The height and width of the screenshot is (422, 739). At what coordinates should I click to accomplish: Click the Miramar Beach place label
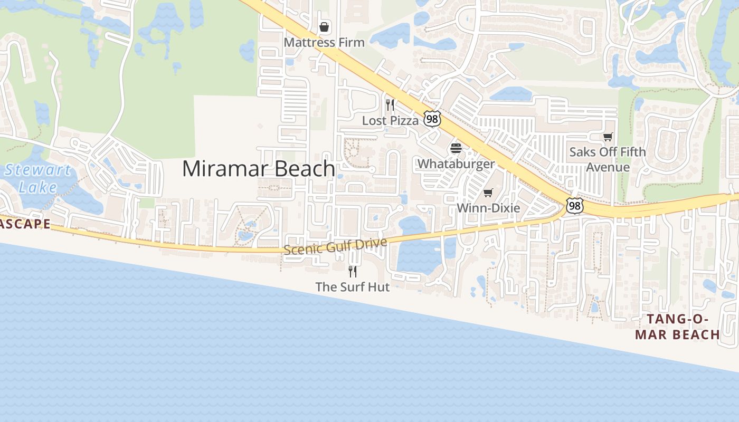click(x=259, y=169)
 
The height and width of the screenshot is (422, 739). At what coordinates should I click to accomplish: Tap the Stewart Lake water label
click(x=37, y=178)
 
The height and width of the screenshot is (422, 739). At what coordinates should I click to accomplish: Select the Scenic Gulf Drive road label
click(x=335, y=246)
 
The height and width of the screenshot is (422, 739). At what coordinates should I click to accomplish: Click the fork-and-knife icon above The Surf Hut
click(x=353, y=271)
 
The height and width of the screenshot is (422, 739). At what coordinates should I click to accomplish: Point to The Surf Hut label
click(x=353, y=287)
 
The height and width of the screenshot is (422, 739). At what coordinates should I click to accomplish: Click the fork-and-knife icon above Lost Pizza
click(x=390, y=104)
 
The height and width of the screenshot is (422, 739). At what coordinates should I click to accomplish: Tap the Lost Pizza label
click(x=390, y=121)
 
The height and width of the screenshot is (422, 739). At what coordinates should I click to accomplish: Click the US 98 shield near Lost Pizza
click(x=432, y=119)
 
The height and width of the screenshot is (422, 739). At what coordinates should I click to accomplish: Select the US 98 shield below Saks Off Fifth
click(x=574, y=205)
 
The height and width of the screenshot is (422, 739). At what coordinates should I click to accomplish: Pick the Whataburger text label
click(x=456, y=164)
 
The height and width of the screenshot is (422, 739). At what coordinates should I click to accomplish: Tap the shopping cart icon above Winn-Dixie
click(x=488, y=193)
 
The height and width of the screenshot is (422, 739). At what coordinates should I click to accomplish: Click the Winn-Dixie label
click(x=488, y=208)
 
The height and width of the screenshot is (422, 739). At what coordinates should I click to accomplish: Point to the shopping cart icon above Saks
click(x=608, y=137)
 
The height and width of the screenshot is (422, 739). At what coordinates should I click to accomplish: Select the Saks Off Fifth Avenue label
click(x=608, y=159)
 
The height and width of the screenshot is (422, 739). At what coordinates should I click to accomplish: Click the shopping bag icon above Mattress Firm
click(x=324, y=27)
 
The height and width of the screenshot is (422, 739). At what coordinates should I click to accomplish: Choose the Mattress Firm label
click(x=324, y=42)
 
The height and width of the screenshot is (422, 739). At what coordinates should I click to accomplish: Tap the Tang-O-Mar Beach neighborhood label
click(x=677, y=327)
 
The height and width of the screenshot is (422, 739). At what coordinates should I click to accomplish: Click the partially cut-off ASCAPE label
click(x=25, y=224)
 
